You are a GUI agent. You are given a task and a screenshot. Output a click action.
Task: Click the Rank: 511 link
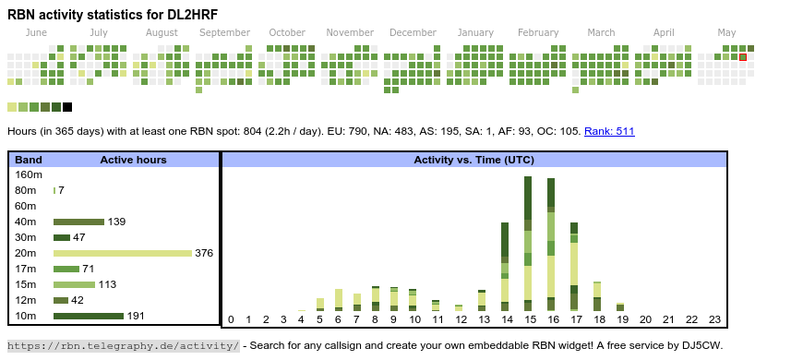click(609, 131)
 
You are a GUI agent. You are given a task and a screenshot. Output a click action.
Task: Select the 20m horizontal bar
click(123, 253)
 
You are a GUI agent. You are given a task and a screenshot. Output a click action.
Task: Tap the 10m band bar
click(89, 316)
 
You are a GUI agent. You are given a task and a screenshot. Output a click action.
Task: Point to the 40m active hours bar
click(78, 222)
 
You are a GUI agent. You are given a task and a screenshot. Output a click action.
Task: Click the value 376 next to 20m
click(204, 253)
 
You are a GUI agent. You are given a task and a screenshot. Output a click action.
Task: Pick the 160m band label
click(29, 174)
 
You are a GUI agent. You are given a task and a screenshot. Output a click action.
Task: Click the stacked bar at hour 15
click(527, 244)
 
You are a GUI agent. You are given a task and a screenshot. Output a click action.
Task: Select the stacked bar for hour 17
click(574, 267)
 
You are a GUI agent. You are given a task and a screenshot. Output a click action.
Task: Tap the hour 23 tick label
click(714, 319)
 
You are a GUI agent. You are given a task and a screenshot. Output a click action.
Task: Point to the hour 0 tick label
click(231, 319)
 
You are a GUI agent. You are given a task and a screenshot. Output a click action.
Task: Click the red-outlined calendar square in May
click(743, 57)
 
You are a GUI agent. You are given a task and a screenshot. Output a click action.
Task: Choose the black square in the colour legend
click(67, 107)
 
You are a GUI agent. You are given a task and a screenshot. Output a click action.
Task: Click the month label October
click(287, 32)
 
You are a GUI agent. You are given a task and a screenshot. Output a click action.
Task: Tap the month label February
click(538, 32)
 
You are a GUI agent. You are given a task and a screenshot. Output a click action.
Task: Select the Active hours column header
click(133, 160)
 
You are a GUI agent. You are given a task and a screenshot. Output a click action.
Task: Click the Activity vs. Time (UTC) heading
click(473, 160)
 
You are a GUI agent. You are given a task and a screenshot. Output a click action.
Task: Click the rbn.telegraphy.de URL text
click(124, 345)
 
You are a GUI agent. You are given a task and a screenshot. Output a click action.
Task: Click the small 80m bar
click(54, 190)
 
